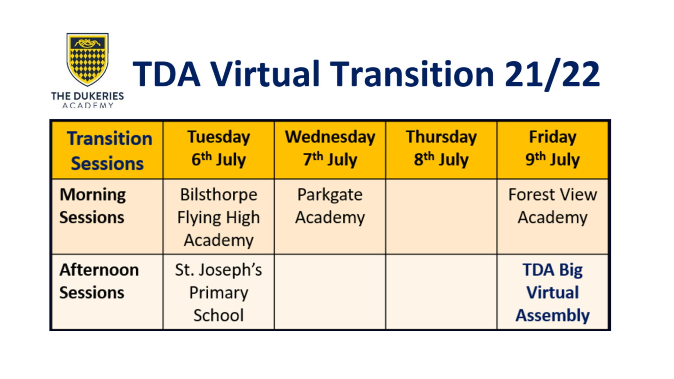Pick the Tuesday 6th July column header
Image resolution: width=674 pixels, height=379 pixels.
[219, 149]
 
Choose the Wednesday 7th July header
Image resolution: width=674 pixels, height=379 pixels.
[330, 149]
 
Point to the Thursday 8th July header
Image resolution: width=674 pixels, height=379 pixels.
[441, 149]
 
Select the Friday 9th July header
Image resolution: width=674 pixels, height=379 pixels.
[552, 149]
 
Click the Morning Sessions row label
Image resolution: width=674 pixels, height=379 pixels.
[93, 206]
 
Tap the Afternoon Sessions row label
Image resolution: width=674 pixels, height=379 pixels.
[99, 281]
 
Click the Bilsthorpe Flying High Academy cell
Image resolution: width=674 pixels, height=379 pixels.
[219, 217]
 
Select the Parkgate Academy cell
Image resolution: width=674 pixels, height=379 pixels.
[330, 206]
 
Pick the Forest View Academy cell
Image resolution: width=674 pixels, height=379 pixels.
[552, 206]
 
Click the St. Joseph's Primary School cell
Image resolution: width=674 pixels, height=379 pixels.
[219, 292]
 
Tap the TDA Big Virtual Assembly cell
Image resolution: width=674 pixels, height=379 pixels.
[552, 292]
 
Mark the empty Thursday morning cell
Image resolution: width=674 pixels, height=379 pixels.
[441, 216]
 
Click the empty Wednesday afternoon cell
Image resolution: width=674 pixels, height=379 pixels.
[330, 292]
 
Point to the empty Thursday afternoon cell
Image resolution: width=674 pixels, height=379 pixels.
[441, 292]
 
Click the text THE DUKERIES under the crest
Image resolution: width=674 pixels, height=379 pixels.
[88, 96]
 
